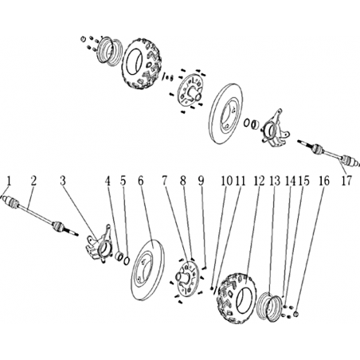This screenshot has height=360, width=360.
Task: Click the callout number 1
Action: pyautogui.click(x=10, y=182)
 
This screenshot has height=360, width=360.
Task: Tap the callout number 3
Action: pyautogui.click(x=63, y=181)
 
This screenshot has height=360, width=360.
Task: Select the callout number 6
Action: pyautogui.click(x=141, y=181)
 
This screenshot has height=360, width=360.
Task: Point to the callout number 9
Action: pyautogui.click(x=201, y=181)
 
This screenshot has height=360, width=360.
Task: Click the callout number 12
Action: pyautogui.click(x=259, y=181)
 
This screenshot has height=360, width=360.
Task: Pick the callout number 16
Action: pyautogui.click(x=324, y=181)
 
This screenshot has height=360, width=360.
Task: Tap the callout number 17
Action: pyautogui.click(x=346, y=181)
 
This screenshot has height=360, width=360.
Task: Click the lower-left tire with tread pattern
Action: pyautogui.click(x=237, y=297)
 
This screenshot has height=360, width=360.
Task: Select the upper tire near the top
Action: pyautogui.click(x=143, y=63)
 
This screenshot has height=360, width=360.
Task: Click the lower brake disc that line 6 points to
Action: pyautogui.click(x=147, y=270)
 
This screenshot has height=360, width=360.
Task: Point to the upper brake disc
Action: pyautogui.click(x=226, y=114)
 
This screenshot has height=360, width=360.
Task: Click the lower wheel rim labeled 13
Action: pyautogui.click(x=269, y=307)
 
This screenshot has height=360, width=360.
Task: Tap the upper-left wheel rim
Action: pyautogui.click(x=108, y=51)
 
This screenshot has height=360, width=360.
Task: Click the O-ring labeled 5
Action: pyautogui.click(x=127, y=260)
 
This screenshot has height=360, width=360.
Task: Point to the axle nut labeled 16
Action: pyautogui.click(x=296, y=315)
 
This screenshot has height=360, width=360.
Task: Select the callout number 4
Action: pyautogui.click(x=108, y=181)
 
